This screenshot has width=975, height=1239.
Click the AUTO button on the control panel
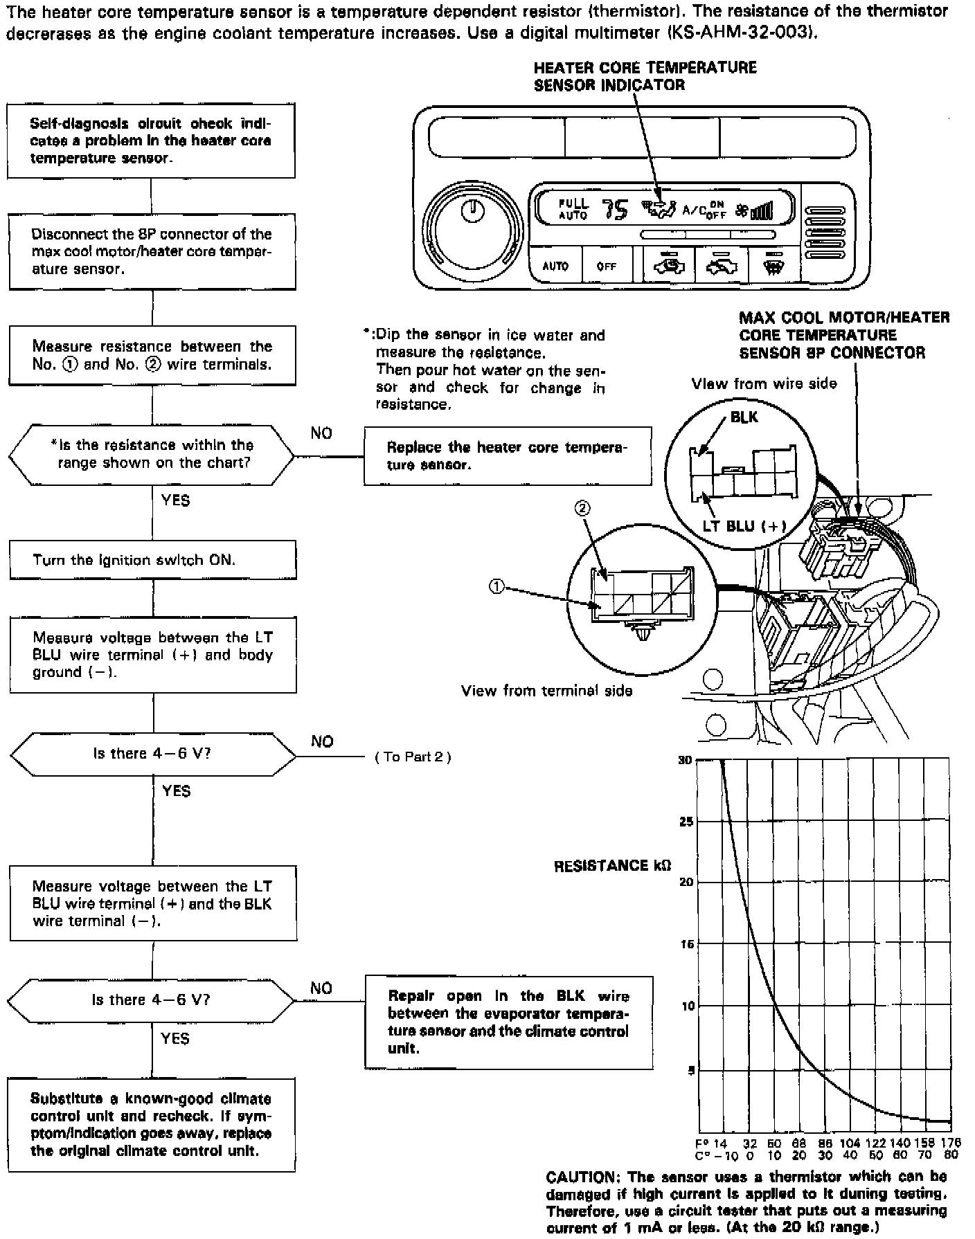coord(555,266)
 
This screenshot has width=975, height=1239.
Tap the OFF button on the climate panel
coord(606,266)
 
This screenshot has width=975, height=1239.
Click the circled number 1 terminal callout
coord(497,586)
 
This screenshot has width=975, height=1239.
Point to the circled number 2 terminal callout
coord(582,509)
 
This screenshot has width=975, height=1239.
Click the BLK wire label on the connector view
coord(744,417)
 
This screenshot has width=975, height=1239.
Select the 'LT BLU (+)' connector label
coord(744,526)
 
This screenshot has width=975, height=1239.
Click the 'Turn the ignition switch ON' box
coord(152,559)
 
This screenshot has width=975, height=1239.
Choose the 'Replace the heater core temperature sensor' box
coord(508,455)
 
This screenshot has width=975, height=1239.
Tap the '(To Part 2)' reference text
coord(413,757)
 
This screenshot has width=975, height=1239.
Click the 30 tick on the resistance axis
coord(685,760)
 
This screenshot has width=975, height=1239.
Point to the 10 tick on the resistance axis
coord(687,1006)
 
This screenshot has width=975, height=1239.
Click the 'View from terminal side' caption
coord(546,690)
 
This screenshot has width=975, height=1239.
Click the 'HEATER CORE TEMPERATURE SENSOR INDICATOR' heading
coord(645,76)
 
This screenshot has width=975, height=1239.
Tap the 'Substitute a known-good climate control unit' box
coord(151,1124)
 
